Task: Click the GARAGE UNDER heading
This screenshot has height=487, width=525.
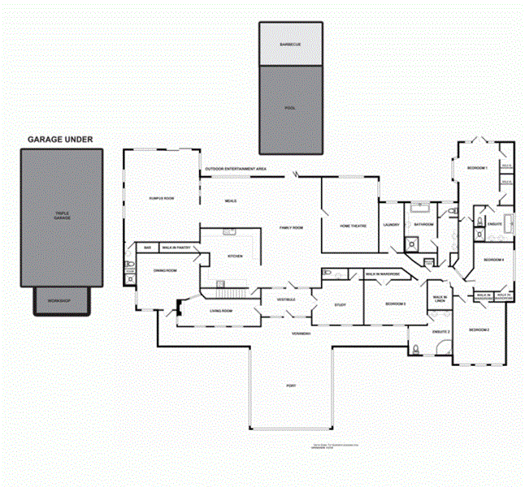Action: tap(60, 140)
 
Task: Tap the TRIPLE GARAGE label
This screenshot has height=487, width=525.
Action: tap(62, 217)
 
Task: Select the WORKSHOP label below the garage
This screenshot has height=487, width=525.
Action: tap(59, 301)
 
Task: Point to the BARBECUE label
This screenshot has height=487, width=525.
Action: tap(291, 44)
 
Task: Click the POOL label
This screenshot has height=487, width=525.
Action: tap(291, 107)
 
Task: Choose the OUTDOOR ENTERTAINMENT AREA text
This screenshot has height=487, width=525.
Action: tap(236, 168)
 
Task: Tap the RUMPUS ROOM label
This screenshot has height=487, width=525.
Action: tap(162, 198)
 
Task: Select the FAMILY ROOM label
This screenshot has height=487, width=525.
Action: tap(291, 228)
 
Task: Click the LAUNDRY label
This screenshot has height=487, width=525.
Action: tap(391, 224)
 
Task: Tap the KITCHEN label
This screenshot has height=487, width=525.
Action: tap(235, 256)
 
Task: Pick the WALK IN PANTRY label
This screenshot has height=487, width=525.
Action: tap(176, 247)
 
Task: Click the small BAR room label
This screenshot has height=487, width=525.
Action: tap(147, 247)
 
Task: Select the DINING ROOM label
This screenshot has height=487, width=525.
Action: tap(166, 269)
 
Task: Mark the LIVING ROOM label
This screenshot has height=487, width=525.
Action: tap(222, 311)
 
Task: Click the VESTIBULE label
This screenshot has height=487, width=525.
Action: tap(286, 300)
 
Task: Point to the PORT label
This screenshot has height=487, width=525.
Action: tap(290, 385)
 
